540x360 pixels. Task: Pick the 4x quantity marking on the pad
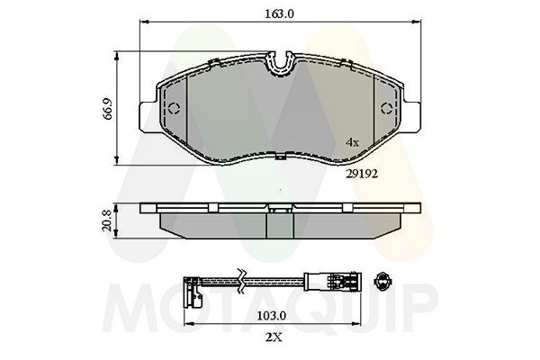(x=354, y=142)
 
